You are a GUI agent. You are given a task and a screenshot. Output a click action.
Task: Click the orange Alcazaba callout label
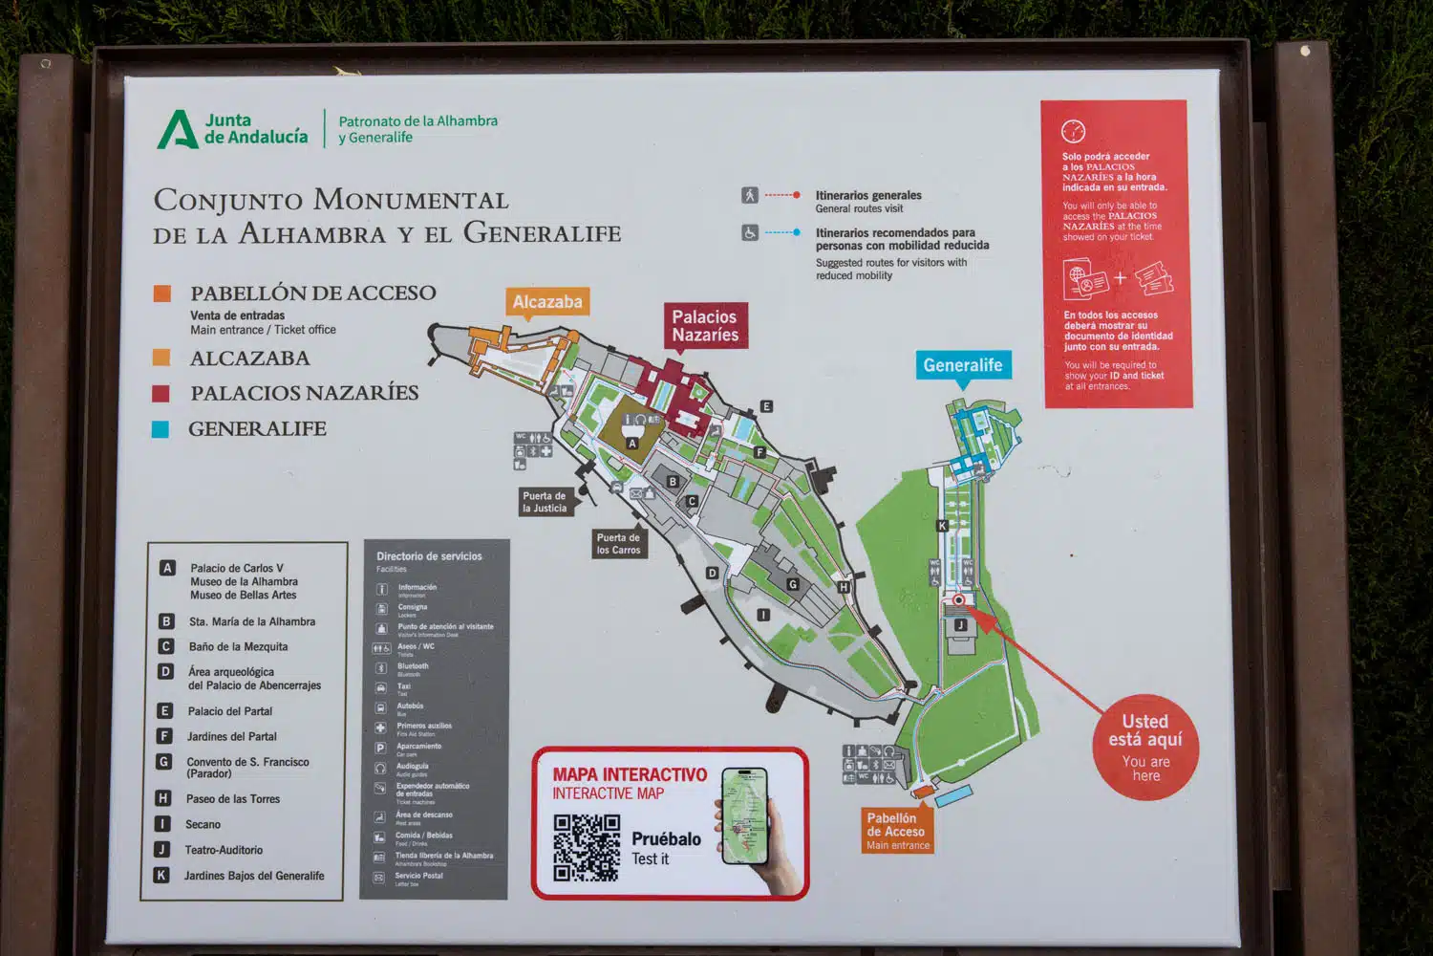pyautogui.click(x=547, y=301)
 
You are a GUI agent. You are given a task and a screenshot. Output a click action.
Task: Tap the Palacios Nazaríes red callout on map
pyautogui.click(x=704, y=326)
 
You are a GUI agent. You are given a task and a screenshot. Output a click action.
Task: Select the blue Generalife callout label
pyautogui.click(x=962, y=365)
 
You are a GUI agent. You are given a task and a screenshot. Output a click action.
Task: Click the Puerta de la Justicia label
pyautogui.click(x=545, y=502)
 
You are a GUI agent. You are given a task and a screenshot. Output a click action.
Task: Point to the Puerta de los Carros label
pyautogui.click(x=618, y=543)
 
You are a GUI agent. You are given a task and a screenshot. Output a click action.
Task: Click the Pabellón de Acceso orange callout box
pyautogui.click(x=896, y=831)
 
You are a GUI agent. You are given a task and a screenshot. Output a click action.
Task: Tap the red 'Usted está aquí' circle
pyautogui.click(x=1145, y=747)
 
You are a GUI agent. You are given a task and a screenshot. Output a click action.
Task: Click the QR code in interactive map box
pyautogui.click(x=587, y=847)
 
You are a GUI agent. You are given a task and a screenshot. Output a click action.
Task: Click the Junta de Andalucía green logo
pyautogui.click(x=177, y=130)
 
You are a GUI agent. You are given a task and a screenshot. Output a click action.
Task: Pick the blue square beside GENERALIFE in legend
pyautogui.click(x=160, y=429)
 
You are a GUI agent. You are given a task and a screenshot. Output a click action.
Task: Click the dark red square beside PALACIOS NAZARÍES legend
pyautogui.click(x=160, y=393)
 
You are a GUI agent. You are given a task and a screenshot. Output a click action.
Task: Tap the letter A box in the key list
pyautogui.click(x=167, y=568)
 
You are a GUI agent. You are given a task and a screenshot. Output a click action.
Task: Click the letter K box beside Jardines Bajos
pyautogui.click(x=161, y=875)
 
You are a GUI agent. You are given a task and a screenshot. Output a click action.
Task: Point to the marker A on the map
pyautogui.click(x=631, y=443)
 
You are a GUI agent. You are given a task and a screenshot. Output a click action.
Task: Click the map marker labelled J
pyautogui.click(x=960, y=625)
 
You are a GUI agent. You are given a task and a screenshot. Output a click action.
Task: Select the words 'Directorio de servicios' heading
pyautogui.click(x=429, y=556)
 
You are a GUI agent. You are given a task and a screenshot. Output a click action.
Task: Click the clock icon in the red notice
pyautogui.click(x=1073, y=131)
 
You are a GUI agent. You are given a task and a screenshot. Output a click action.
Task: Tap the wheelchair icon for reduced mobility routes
pyautogui.click(x=750, y=232)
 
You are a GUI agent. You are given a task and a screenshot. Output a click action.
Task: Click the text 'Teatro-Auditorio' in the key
pyautogui.click(x=224, y=850)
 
